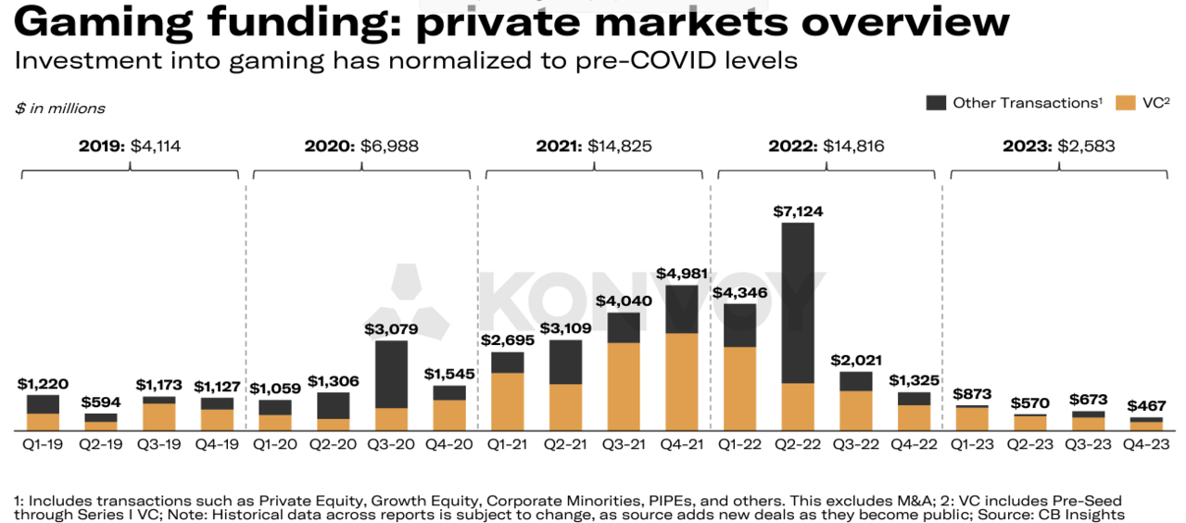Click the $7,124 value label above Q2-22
click(798, 211)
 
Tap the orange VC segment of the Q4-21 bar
click(682, 381)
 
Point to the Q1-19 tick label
click(43, 444)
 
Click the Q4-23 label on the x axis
click(1145, 444)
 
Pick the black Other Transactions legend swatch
click(936, 103)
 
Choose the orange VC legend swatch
click(1126, 103)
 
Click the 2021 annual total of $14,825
click(593, 146)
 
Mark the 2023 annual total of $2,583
click(1057, 146)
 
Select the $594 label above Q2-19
click(101, 402)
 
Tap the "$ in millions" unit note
click(60, 108)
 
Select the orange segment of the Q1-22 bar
click(739, 389)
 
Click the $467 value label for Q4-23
click(1145, 406)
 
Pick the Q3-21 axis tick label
click(624, 444)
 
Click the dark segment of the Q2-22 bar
click(798, 302)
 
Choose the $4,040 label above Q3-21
click(624, 301)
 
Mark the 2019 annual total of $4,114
click(130, 146)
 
